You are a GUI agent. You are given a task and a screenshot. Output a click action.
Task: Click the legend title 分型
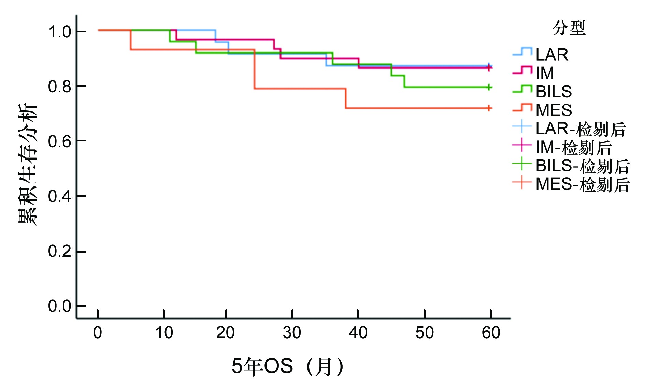[x=569, y=28]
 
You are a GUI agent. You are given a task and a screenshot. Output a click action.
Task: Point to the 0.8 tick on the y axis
[x=60, y=87]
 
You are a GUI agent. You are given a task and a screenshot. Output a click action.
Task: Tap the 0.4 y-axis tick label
[x=60, y=196]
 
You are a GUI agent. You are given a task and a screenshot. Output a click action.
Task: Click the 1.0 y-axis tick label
[x=60, y=32]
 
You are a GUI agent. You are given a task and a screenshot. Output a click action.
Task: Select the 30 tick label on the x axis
[x=292, y=332]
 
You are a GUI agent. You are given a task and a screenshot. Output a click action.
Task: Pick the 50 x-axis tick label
[x=425, y=332]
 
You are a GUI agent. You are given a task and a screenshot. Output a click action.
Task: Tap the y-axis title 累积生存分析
[x=27, y=164]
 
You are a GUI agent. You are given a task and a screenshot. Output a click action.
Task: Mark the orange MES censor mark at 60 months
[x=489, y=108]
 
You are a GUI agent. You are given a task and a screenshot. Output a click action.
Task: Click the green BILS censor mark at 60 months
[x=489, y=87]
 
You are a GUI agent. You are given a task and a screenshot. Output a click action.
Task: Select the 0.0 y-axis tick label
[x=60, y=306]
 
